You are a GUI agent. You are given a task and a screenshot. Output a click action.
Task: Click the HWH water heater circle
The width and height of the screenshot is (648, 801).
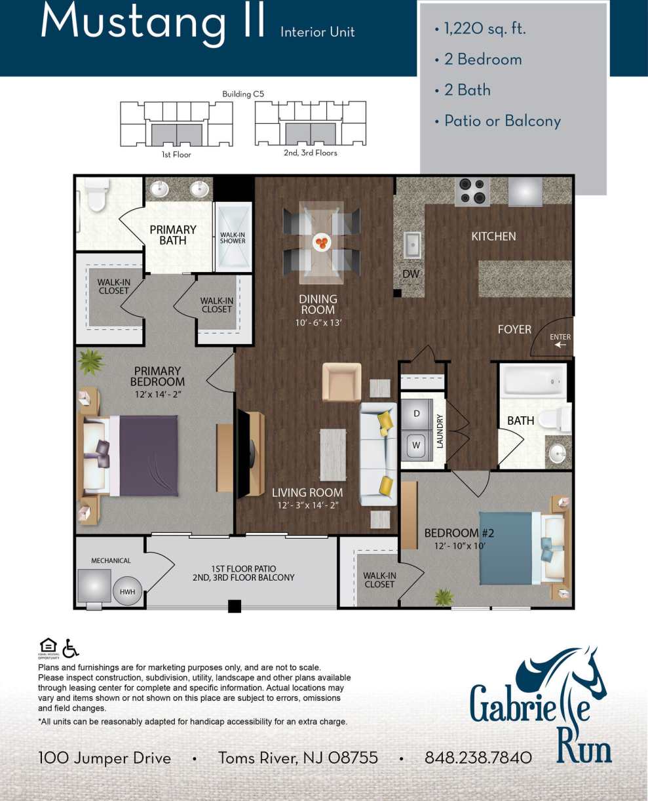coord(127,591)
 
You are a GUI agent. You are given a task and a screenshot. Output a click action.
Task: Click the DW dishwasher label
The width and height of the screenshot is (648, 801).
coord(411,273)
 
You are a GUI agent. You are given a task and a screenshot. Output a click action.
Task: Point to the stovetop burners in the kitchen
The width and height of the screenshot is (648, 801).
coord(472,191)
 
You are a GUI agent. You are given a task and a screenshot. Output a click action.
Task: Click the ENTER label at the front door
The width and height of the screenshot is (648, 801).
coord(560,337)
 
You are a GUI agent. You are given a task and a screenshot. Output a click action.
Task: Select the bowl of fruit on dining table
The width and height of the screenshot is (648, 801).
coord(321,243)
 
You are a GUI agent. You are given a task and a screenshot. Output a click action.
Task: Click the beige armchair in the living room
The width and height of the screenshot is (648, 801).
coord(341,382)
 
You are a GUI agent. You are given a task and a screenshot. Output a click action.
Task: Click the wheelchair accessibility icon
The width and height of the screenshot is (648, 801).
coord(71,648)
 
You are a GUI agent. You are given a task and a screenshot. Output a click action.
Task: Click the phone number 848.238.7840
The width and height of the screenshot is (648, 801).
coord(478,758)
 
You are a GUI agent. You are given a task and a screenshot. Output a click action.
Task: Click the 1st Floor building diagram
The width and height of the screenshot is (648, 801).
coord(176,125)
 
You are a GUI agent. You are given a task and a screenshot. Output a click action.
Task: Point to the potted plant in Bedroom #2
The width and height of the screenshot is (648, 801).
coord(444,596)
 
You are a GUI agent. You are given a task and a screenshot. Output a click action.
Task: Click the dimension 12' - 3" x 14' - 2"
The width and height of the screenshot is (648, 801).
coord(307,505)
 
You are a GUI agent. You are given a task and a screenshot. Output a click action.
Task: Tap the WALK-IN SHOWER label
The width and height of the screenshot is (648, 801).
coord(233,237)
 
